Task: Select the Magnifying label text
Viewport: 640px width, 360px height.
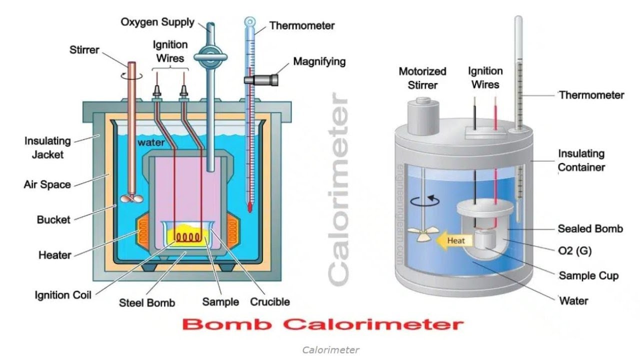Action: (x=319, y=62)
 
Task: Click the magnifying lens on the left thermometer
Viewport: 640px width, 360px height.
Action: (x=260, y=79)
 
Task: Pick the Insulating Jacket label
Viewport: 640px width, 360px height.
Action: (x=47, y=147)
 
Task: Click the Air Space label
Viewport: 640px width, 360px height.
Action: (x=47, y=184)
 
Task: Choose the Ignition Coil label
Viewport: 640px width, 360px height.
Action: (x=63, y=294)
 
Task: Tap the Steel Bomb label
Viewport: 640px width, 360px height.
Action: (x=147, y=302)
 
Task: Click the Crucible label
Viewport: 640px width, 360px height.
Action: (x=269, y=301)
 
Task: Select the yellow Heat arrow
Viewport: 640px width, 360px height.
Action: (x=453, y=241)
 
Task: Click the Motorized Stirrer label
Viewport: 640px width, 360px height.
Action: (x=422, y=78)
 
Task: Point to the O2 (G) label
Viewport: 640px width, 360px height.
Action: (x=574, y=251)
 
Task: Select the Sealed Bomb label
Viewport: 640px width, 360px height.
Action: (x=590, y=228)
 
